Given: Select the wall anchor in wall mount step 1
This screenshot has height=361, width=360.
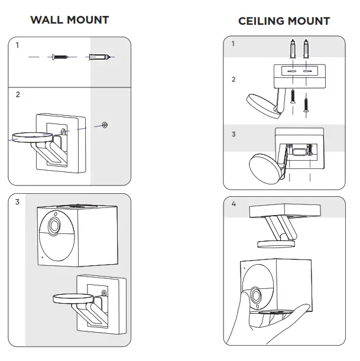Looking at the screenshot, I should click(x=98, y=57).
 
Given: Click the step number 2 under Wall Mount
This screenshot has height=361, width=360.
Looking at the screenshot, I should click(x=18, y=94).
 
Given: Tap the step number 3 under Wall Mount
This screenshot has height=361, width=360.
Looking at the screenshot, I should click(x=18, y=202).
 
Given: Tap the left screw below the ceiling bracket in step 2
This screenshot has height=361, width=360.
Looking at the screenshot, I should click(x=293, y=95).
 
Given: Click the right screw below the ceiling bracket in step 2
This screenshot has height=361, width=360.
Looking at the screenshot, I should click(x=306, y=105).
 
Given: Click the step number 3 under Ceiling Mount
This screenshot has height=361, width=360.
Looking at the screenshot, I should click(x=233, y=135).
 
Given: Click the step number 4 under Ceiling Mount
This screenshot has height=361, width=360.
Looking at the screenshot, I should click(x=233, y=204).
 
